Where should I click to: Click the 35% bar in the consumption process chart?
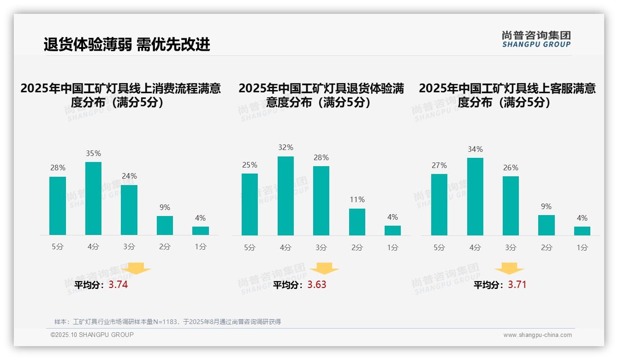[93, 198]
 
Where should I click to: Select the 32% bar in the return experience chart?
[285, 196]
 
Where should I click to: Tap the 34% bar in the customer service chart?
[475, 197]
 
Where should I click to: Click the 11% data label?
[357, 199]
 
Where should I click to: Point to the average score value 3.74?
[118, 285]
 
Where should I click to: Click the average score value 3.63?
[316, 285]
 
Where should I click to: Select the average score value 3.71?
[517, 285]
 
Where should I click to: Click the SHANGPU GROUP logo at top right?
[536, 39]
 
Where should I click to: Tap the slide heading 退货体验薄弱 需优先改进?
[127, 44]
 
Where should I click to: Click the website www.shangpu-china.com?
[537, 335]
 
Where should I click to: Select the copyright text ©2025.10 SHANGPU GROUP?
[92, 335]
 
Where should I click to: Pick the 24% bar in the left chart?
[129, 210]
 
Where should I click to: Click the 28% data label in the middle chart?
[321, 158]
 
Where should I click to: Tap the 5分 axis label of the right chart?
[439, 247]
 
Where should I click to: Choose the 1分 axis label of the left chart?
[201, 247]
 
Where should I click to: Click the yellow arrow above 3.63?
[324, 269]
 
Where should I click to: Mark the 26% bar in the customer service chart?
[511, 206]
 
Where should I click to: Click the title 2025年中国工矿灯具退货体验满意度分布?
[321, 95]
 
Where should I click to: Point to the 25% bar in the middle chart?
[250, 204]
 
